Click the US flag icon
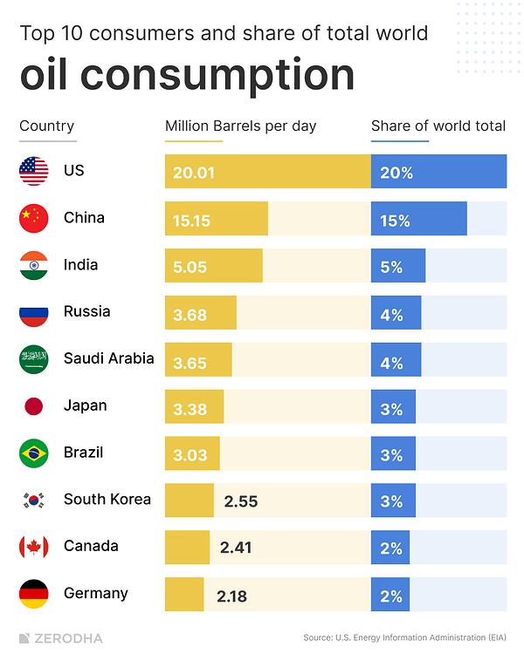click(34, 171)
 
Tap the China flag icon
click(34, 218)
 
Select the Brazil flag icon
click(34, 453)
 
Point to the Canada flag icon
click(34, 547)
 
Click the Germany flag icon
click(34, 594)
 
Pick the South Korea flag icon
click(34, 500)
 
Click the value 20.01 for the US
click(194, 173)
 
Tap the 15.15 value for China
click(191, 221)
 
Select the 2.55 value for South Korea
click(241, 501)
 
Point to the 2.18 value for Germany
click(231, 596)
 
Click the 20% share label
click(396, 173)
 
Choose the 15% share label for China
click(395, 221)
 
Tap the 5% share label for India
click(391, 268)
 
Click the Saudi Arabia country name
click(108, 358)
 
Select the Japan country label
click(85, 405)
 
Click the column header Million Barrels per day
click(241, 126)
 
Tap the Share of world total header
click(438, 126)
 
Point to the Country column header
click(47, 126)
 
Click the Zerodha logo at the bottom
click(60, 638)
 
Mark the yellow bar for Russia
click(200, 313)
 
